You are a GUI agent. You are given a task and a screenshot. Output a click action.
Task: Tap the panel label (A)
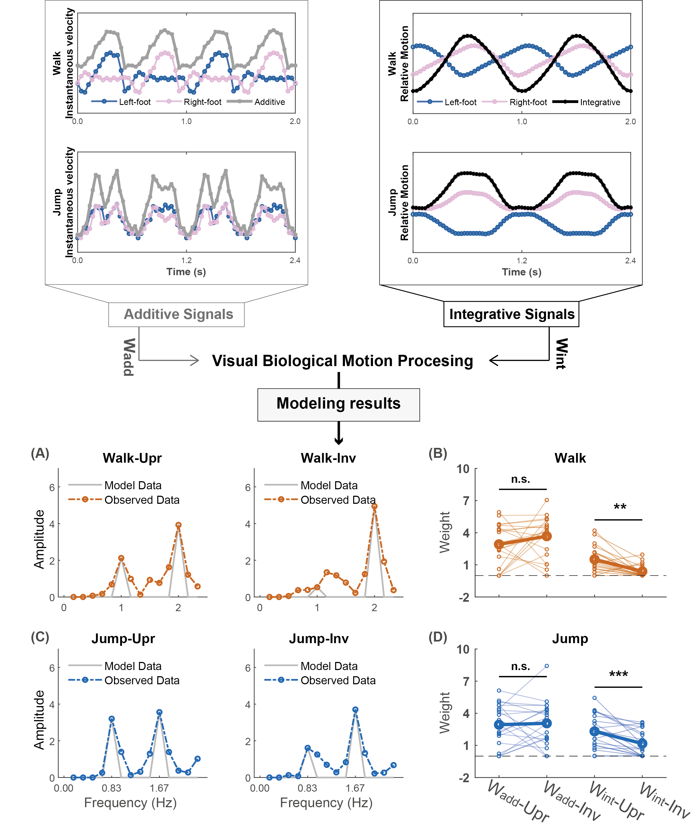coord(40,453)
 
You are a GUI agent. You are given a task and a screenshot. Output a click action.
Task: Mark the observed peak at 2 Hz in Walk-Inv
coord(374,506)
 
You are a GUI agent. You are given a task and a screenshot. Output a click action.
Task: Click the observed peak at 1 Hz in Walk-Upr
coord(121,558)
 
